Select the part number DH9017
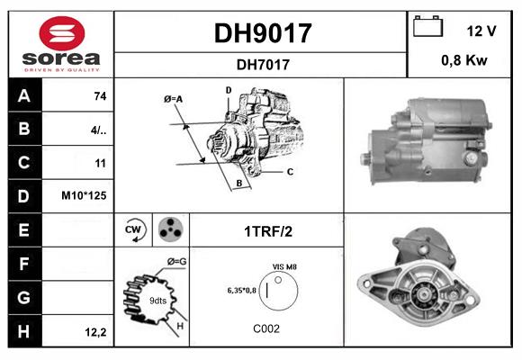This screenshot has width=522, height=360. click(x=262, y=33)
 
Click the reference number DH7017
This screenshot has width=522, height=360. click(x=262, y=64)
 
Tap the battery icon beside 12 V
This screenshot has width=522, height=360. click(x=428, y=28)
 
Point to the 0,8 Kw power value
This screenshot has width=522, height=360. click(x=464, y=62)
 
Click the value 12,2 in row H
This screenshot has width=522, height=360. click(x=97, y=332)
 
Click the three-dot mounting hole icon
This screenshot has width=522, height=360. click(x=170, y=229)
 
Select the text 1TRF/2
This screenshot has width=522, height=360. click(x=267, y=231)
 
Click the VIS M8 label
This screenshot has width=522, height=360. click(x=284, y=267)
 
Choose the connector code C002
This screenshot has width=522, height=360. click(x=266, y=328)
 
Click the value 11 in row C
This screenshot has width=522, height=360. click(x=100, y=163)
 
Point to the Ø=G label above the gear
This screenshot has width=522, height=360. click(x=177, y=262)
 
